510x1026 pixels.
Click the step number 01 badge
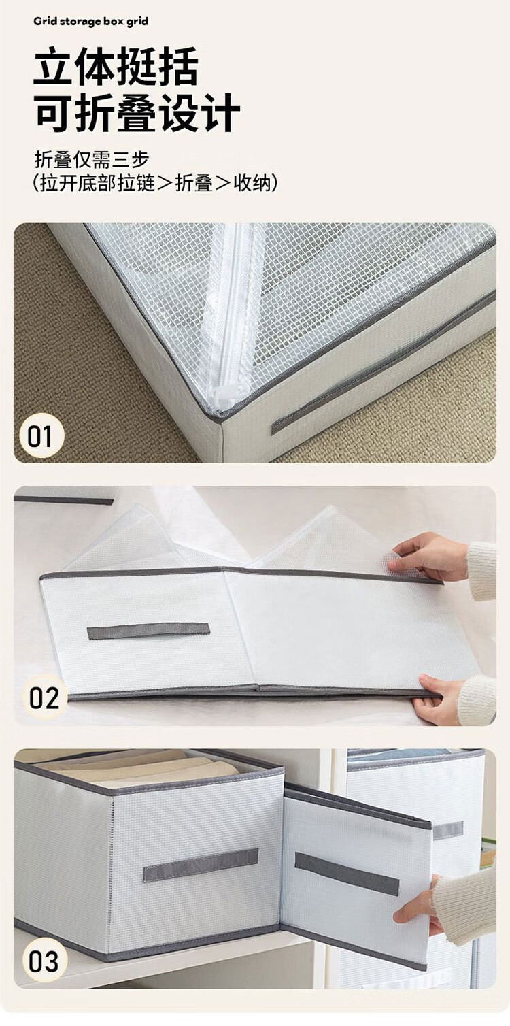pos(41,435)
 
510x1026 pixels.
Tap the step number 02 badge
pos(44,698)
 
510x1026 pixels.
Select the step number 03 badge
pos(44,961)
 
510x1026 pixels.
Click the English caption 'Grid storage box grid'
pos(90,22)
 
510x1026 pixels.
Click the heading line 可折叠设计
pos(137,113)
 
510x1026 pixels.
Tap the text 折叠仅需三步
pos(92,160)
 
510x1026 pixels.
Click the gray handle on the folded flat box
pos(148,631)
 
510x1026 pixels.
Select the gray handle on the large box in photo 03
pos(201,865)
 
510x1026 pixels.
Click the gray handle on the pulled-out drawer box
pos(347,874)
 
